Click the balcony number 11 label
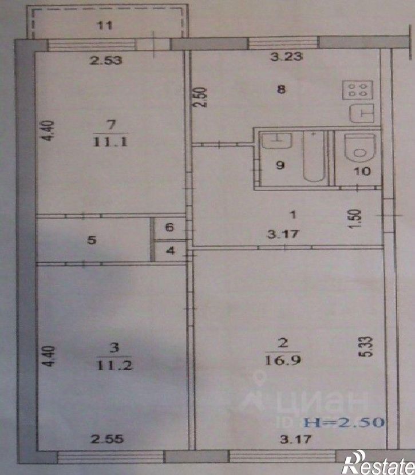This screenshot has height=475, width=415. click(104, 25)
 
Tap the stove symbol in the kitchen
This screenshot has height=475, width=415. click(358, 90)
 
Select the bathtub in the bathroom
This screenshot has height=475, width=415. click(313, 157)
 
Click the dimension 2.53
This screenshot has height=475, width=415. click(107, 61)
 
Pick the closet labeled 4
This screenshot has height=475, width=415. click(169, 251)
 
